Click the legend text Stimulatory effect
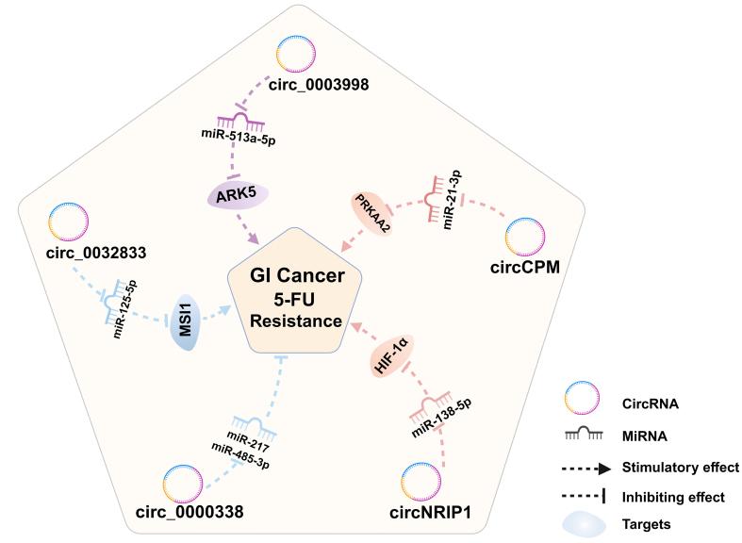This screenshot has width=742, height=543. (x=681, y=467)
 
